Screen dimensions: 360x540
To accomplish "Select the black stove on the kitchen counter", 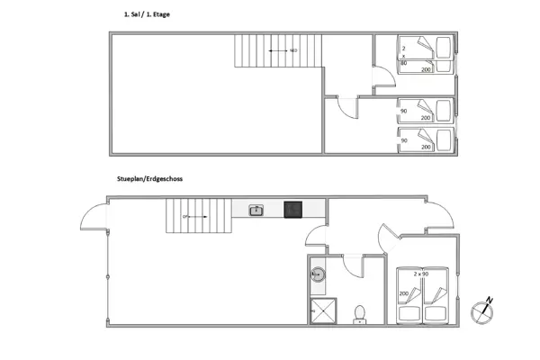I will pyautogui.click(x=292, y=210).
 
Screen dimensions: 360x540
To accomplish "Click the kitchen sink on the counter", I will pyautogui.click(x=256, y=211).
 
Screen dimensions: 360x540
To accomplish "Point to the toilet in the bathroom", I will pyautogui.click(x=360, y=312).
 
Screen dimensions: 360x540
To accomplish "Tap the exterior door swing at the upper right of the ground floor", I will pyautogui.click(x=438, y=213).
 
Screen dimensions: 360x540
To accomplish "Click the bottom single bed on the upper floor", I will pyautogui.click(x=425, y=139).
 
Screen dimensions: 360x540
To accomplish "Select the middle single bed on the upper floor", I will pyautogui.click(x=425, y=111).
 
